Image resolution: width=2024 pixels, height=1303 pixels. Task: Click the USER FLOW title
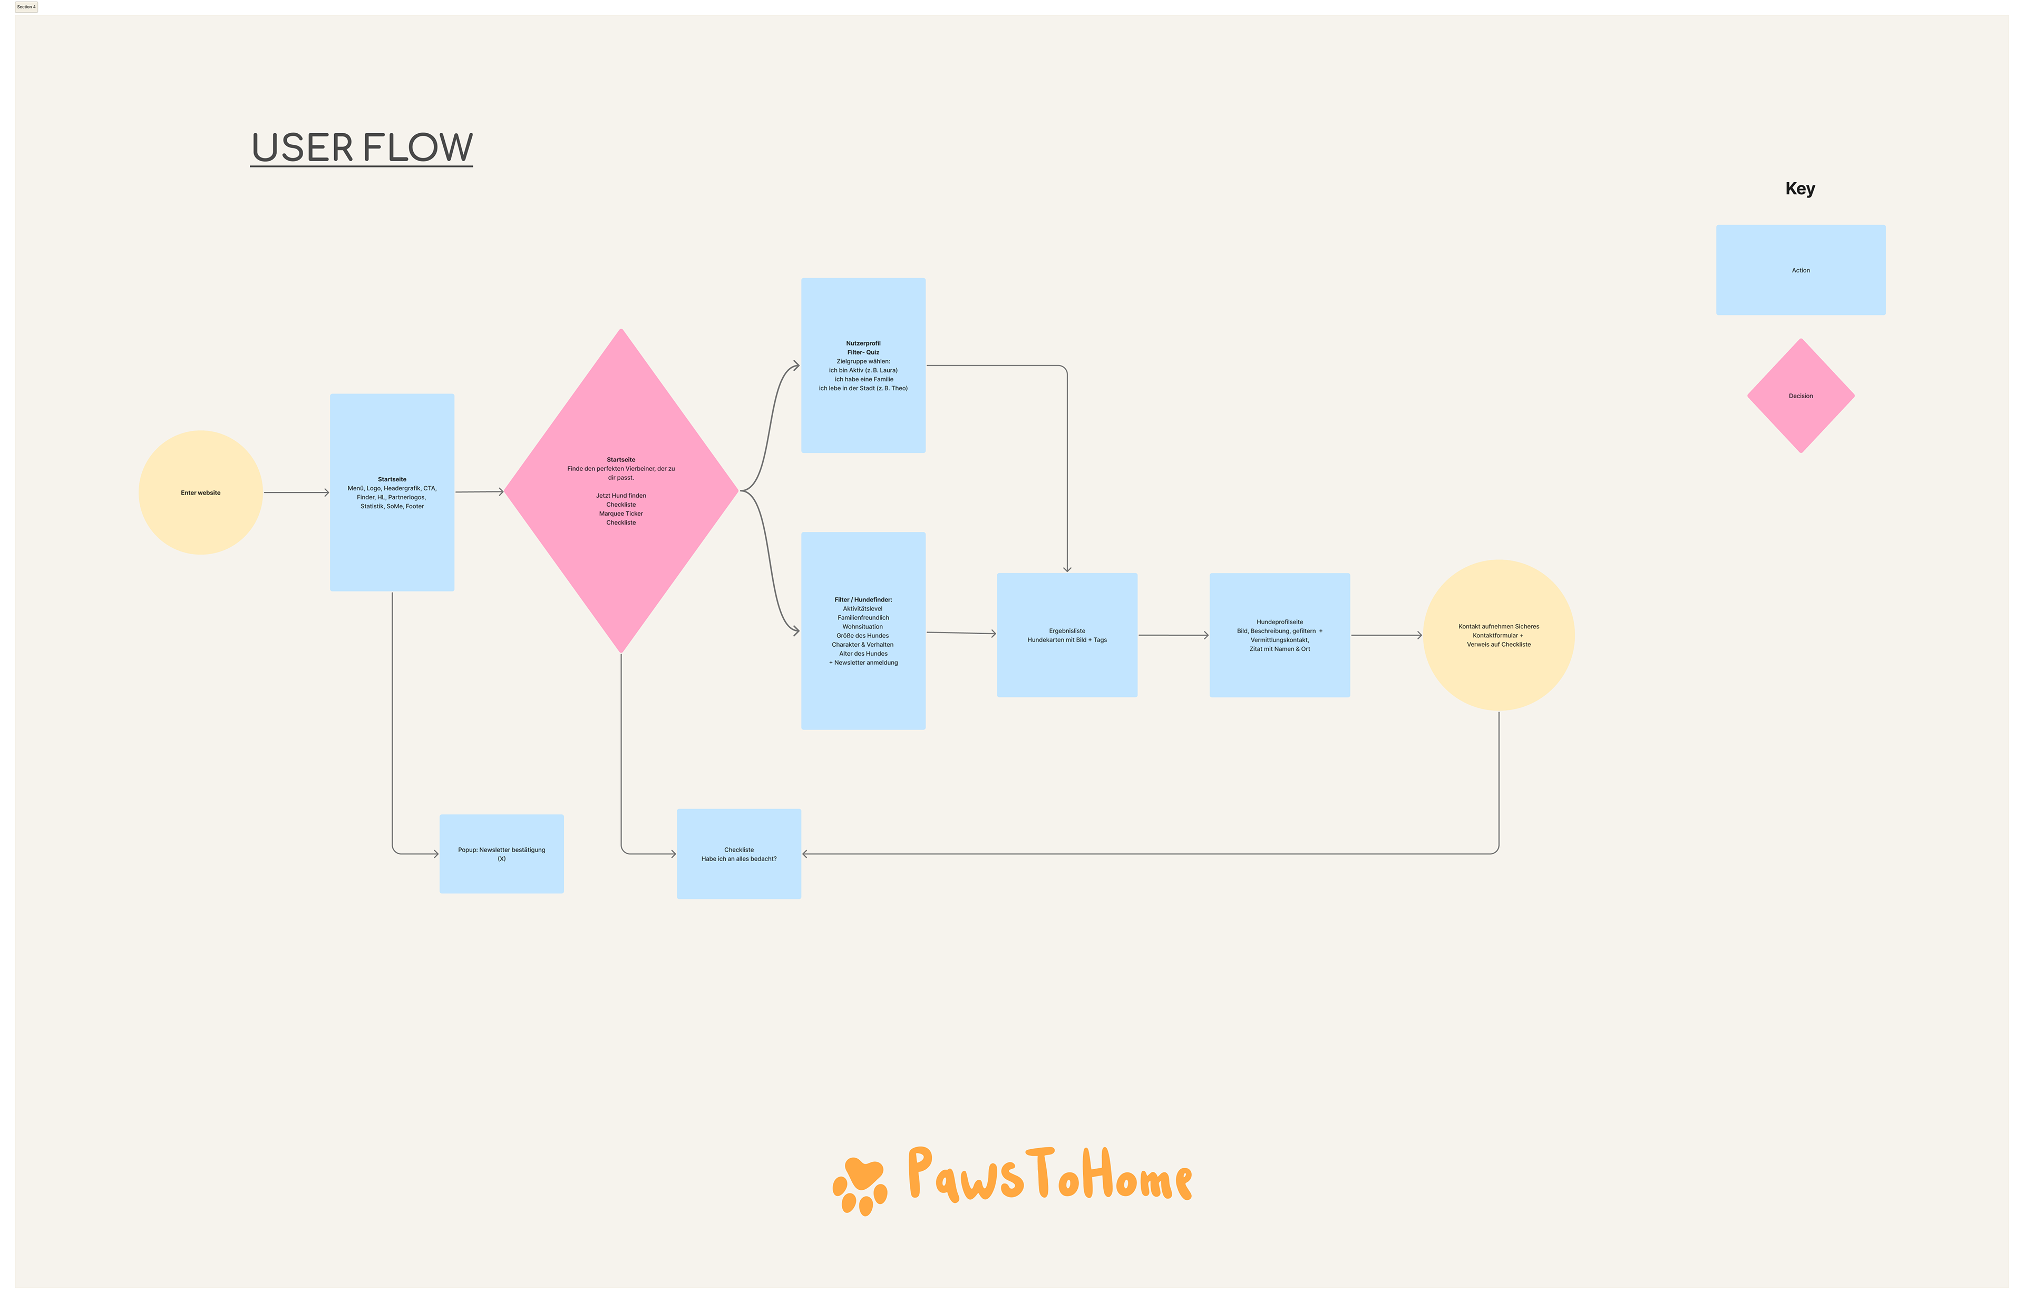click(x=362, y=147)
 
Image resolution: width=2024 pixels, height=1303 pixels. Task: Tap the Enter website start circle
click(x=201, y=492)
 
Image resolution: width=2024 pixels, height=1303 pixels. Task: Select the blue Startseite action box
click(x=392, y=492)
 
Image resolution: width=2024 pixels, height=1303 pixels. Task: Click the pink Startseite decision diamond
click(x=620, y=491)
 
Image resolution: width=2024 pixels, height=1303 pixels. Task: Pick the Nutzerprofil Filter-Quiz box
click(x=863, y=366)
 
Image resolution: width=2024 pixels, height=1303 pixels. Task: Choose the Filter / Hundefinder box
click(x=863, y=630)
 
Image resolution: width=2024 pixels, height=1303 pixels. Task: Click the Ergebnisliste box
click(x=1067, y=635)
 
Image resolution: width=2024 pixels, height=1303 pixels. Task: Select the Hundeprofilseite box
click(x=1279, y=635)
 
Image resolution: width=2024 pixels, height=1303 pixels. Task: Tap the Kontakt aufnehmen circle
click(x=1498, y=635)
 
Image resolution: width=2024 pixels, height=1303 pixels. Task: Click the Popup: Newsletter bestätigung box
click(x=501, y=854)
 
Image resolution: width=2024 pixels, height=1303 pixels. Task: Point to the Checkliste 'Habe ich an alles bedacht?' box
click(x=738, y=854)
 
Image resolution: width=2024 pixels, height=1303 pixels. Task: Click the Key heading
click(x=1799, y=189)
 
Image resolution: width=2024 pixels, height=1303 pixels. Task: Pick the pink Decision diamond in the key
click(x=1801, y=395)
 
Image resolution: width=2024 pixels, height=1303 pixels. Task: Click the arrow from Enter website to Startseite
click(x=296, y=492)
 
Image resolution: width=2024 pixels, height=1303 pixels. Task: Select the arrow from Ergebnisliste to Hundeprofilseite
click(x=1173, y=635)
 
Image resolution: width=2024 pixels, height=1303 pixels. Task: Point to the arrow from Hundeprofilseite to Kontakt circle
click(x=1386, y=635)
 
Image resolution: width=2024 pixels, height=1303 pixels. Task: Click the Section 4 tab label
click(x=26, y=7)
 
